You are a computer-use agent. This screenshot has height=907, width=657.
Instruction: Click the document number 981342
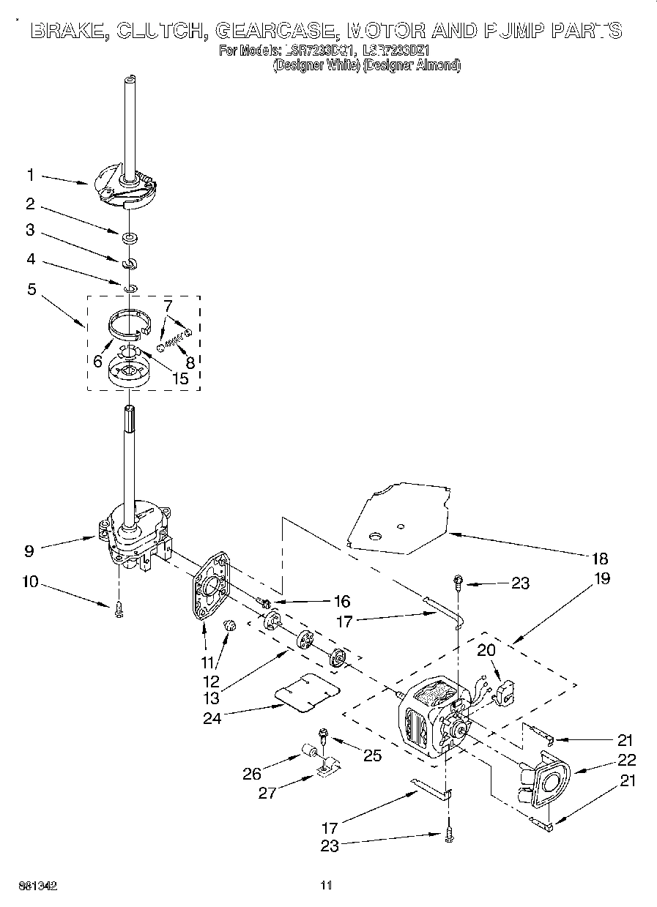pos(39,886)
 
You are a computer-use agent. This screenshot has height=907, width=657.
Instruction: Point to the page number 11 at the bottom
pos(327,886)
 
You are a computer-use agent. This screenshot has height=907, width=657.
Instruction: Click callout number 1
pos(30,175)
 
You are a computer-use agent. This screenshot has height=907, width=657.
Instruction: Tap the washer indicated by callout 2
pos(129,237)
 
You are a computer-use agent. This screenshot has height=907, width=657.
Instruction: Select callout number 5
pos(31,288)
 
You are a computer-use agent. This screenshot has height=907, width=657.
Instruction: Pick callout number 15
pos(179,378)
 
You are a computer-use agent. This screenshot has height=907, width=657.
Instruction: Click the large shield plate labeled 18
pos(399,516)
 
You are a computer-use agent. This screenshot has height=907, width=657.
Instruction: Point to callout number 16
pos(341,602)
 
